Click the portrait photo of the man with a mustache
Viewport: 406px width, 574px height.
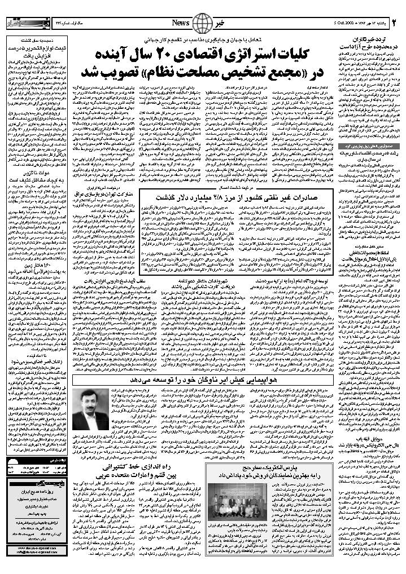(x=90, y=409)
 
